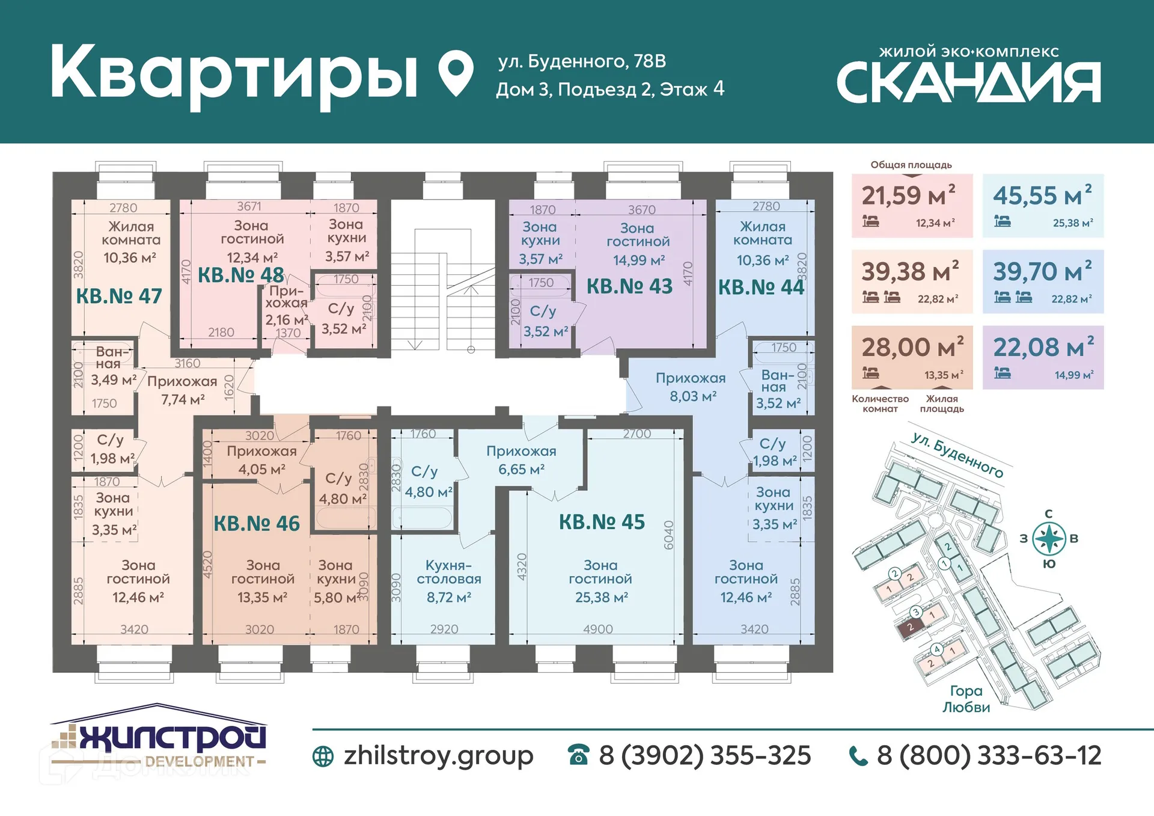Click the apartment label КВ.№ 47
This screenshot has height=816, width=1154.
coord(119,296)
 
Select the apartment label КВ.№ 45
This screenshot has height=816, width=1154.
coord(602,522)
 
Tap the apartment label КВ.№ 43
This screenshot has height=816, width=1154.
coord(629,286)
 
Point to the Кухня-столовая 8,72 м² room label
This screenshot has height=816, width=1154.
coord(448,581)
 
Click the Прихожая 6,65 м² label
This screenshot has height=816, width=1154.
coord(521,460)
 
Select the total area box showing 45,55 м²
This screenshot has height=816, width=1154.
coord(1043,206)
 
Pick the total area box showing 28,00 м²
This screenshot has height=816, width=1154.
coord(912,357)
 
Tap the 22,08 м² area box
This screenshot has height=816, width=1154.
coord(1043,357)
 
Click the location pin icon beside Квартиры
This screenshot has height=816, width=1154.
coord(456,73)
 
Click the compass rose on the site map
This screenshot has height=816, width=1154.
coord(1049,538)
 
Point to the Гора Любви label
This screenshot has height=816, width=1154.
coord(966,699)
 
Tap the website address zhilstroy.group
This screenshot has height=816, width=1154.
coord(438,755)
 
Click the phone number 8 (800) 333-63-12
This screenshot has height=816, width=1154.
coord(989,755)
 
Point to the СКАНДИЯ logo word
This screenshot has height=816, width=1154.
coord(968,82)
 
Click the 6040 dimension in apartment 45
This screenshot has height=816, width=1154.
coord(668,535)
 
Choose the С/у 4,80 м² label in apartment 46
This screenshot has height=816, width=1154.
coord(342,488)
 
